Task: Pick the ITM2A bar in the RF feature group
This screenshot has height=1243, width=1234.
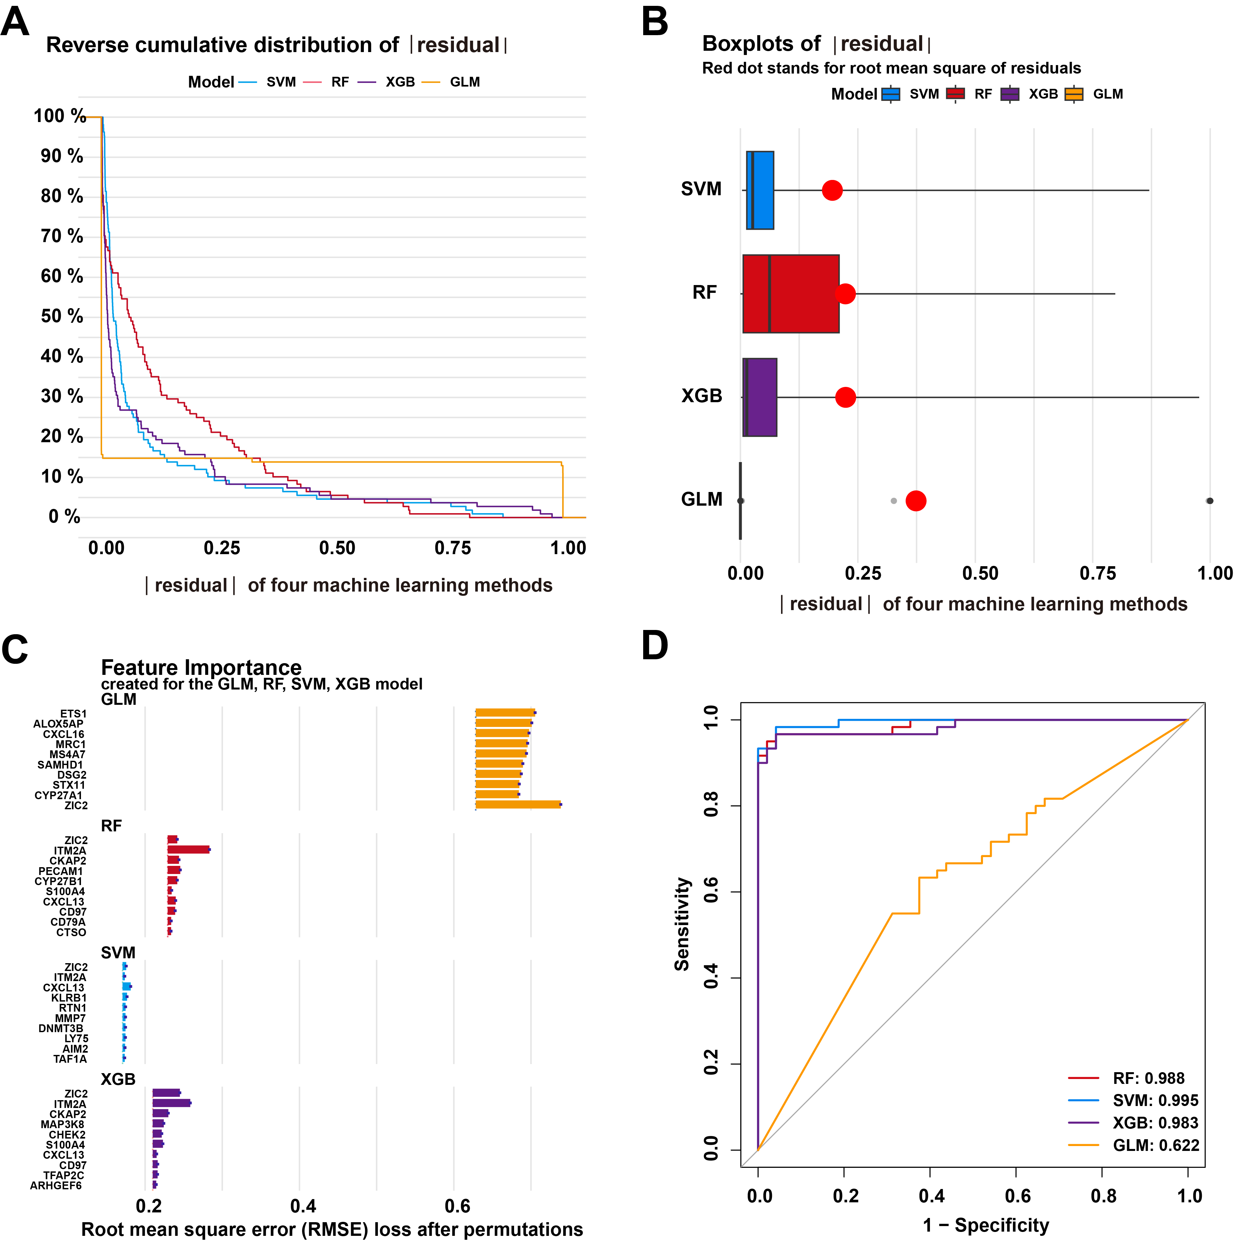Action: [188, 850]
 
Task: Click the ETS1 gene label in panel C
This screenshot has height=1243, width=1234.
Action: [73, 714]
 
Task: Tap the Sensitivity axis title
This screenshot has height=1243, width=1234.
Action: [682, 924]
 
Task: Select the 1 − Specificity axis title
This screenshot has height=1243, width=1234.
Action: [985, 1225]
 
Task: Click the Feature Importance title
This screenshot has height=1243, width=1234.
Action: [201, 667]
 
